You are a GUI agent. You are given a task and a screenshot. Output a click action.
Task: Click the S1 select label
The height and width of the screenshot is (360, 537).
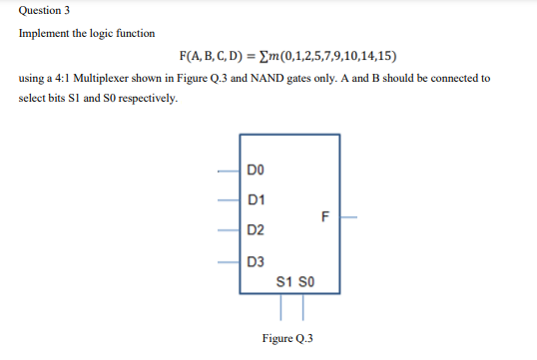point(282,280)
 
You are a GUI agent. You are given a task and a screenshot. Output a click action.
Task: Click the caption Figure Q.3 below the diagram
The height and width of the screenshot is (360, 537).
point(288,338)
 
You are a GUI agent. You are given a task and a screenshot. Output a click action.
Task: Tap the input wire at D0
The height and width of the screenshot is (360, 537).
point(229,169)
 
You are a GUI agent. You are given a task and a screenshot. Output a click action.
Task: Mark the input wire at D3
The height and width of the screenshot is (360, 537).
point(229,263)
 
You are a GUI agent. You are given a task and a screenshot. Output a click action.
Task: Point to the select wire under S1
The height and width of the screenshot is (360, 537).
point(282,305)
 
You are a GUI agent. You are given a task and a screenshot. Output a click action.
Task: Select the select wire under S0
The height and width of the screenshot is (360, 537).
point(295,305)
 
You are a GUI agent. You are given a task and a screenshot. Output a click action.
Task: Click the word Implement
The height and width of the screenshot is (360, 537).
point(43,33)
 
